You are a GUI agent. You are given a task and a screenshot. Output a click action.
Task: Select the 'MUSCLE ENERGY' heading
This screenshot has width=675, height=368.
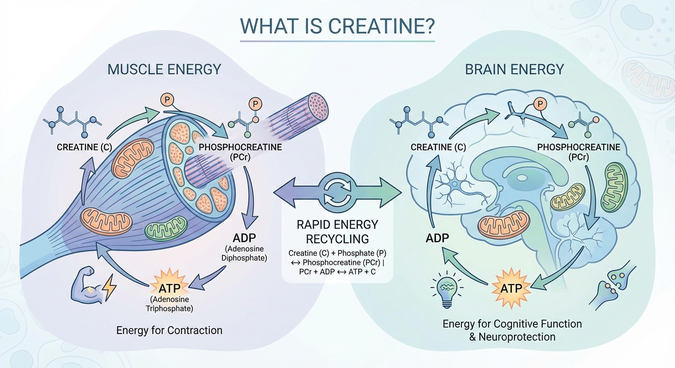tap(164, 69)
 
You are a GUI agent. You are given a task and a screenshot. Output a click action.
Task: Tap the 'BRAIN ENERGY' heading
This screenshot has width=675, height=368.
tap(514, 69)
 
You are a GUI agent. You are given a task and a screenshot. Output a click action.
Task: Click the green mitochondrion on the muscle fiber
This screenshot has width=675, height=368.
tap(166, 230)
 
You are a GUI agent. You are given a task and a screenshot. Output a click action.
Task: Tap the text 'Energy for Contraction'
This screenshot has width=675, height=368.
tap(169, 330)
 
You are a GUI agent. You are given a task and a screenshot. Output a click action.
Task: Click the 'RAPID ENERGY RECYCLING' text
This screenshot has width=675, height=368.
tap(337, 231)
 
